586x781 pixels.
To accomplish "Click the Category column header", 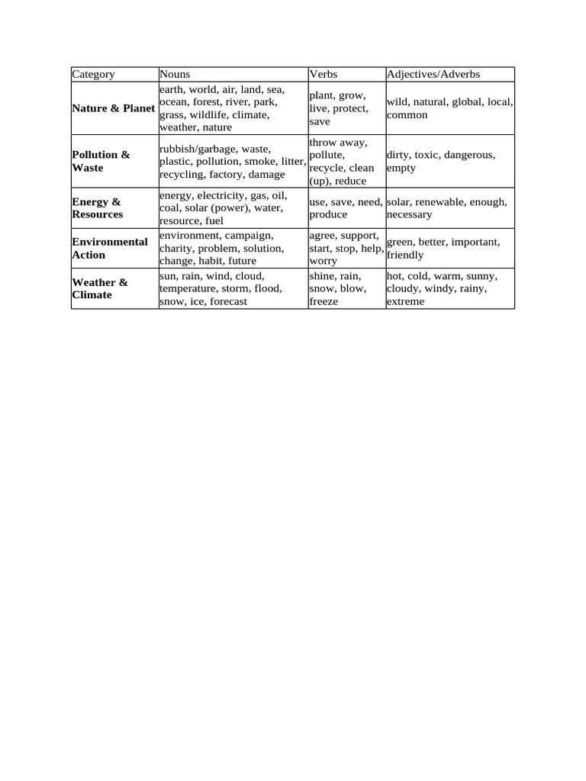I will click(x=94, y=74).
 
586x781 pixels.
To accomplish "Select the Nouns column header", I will click(x=175, y=74).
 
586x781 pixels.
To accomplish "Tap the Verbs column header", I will click(x=324, y=74).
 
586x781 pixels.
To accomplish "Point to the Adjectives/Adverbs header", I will click(x=433, y=74).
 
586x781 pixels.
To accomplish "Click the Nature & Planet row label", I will click(x=114, y=108).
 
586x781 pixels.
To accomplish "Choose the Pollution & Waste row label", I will click(x=101, y=161).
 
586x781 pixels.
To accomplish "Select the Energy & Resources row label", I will click(x=97, y=207).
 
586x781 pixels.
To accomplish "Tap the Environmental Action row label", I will click(x=110, y=248).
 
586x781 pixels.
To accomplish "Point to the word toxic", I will click(x=427, y=155).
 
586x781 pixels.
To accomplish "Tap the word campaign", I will click(x=249, y=236).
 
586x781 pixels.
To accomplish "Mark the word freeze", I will click(x=324, y=302).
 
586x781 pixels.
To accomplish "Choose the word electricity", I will click(x=217, y=196).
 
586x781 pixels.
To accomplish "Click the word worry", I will click(x=323, y=262).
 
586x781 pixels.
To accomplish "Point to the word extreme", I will click(x=405, y=302).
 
